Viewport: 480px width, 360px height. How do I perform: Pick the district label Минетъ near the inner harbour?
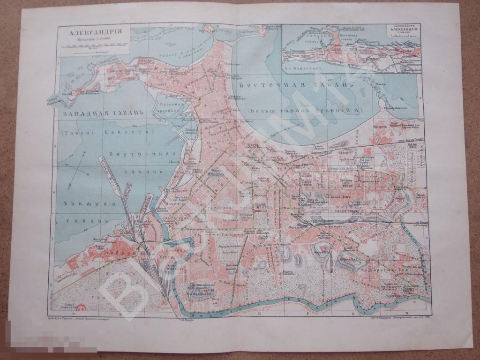pyautogui.click(x=172, y=205)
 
